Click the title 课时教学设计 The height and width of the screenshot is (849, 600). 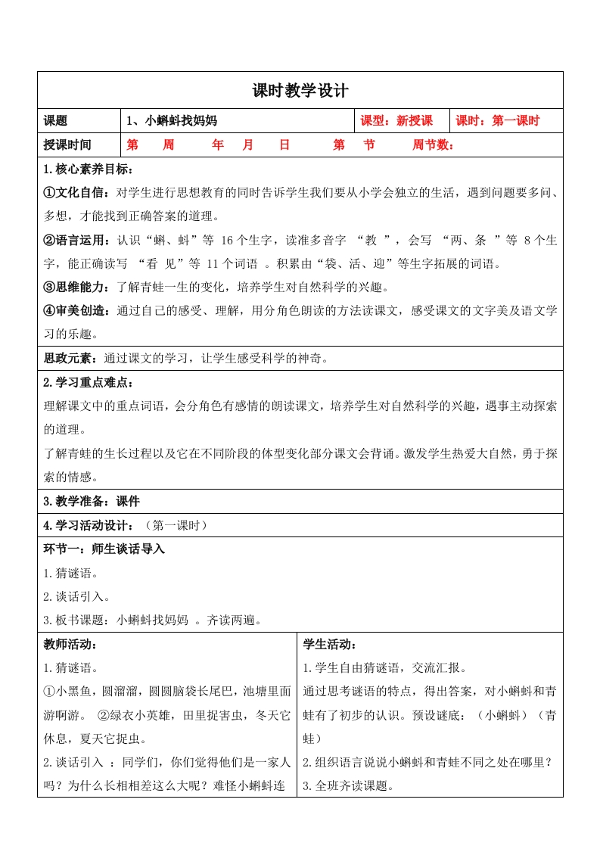[300, 91]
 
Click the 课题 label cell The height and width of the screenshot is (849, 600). [56, 121]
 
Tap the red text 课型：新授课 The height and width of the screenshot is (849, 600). [396, 121]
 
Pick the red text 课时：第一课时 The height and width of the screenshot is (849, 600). [496, 121]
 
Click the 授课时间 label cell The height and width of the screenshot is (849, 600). [67, 145]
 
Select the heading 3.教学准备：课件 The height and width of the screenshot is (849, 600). [92, 501]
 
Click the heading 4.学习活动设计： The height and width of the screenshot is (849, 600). [89, 525]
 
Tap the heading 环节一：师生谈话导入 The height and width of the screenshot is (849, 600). [104, 549]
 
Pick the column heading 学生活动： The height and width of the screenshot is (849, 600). [330, 645]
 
